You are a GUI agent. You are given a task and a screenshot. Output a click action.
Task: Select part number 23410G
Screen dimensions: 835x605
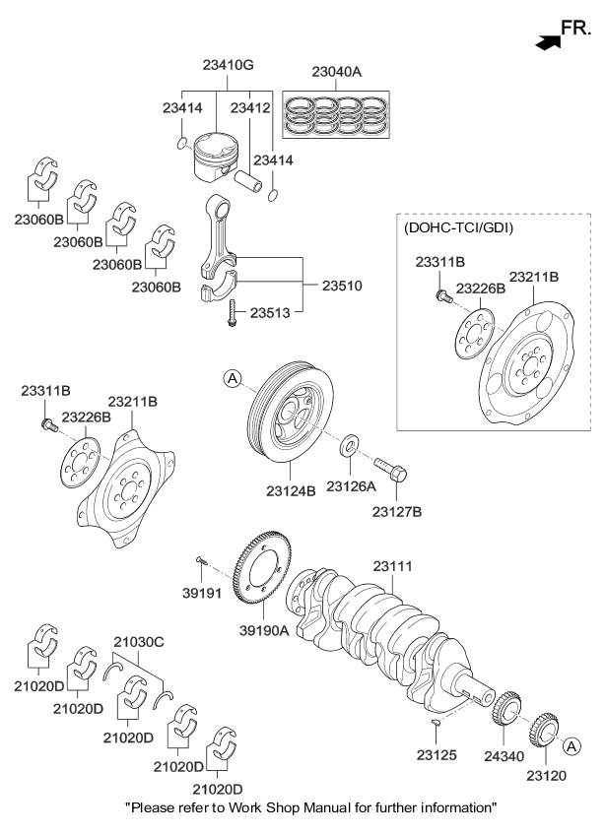tap(229, 66)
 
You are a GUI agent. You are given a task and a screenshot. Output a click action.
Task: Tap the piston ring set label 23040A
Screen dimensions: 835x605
tap(337, 72)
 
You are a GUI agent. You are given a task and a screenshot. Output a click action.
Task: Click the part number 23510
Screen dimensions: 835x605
tap(342, 286)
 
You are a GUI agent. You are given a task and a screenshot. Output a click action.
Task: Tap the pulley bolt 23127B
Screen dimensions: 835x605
tap(388, 470)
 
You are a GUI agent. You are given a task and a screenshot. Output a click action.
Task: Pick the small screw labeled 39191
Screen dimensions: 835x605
tap(201, 561)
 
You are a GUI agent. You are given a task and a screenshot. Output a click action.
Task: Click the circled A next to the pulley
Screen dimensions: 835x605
tap(232, 377)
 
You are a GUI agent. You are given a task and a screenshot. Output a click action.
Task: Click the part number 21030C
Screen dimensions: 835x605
tap(139, 641)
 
